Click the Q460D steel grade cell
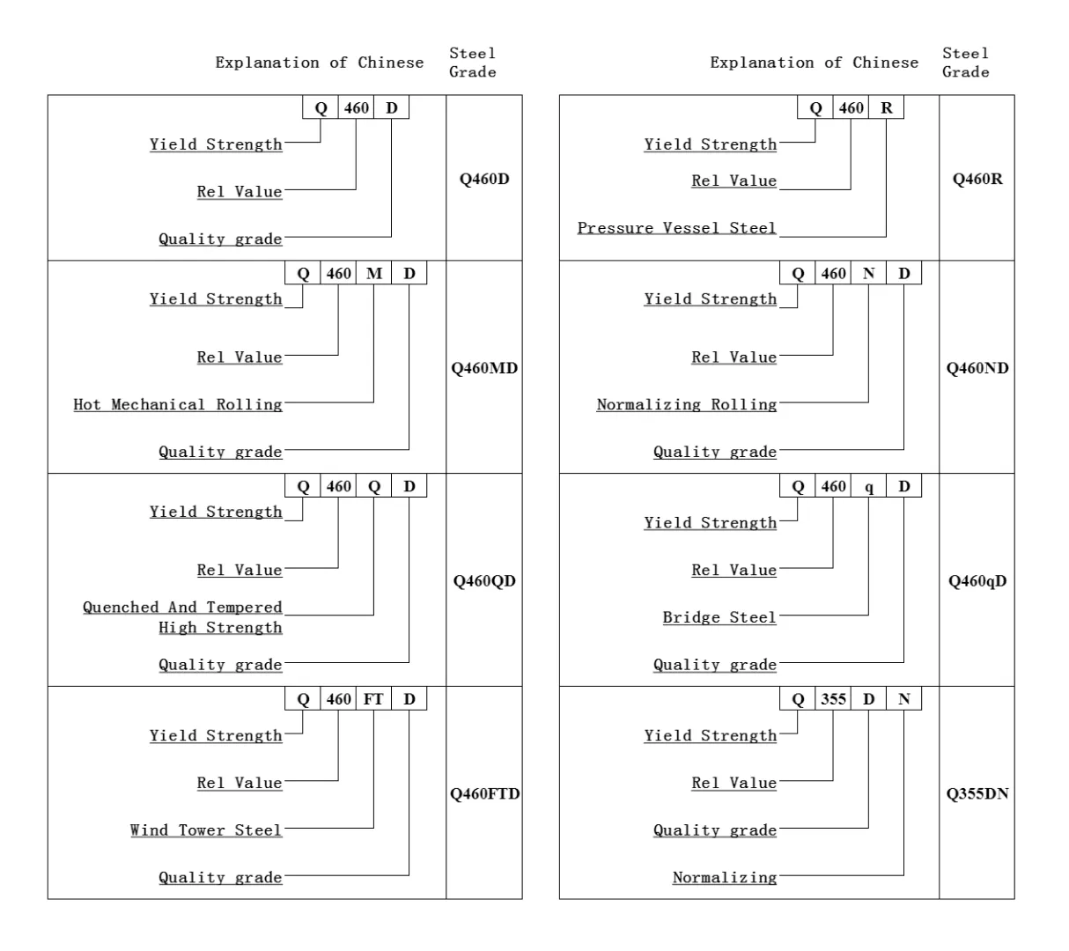click(484, 179)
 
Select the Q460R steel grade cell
click(977, 179)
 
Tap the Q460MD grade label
click(484, 368)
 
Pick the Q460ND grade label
click(977, 368)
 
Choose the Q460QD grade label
click(484, 581)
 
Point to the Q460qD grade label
click(977, 581)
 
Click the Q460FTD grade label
click(484, 793)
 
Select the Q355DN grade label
click(977, 793)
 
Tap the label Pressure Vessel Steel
click(676, 228)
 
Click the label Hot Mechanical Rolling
click(178, 404)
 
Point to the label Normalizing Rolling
click(687, 404)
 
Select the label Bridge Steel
click(719, 617)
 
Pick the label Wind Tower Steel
click(206, 830)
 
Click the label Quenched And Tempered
click(182, 608)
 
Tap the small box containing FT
click(373, 699)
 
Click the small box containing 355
click(833, 699)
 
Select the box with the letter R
click(886, 107)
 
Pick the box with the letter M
click(373, 273)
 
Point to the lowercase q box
click(868, 486)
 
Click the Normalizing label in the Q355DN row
click(725, 878)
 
